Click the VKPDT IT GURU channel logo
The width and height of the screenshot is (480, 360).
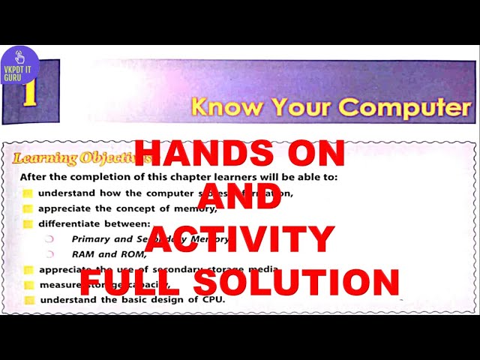(19, 65)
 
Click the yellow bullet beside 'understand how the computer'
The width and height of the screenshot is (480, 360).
(28, 193)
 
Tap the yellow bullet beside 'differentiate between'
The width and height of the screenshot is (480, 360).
(28, 223)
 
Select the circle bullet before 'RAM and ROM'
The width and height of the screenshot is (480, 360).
(50, 254)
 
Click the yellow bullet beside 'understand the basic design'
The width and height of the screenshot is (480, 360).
(28, 300)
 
